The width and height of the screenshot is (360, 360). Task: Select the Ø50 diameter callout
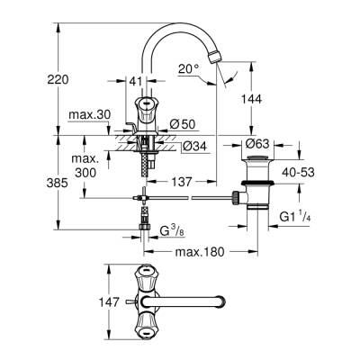pos(184,122)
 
